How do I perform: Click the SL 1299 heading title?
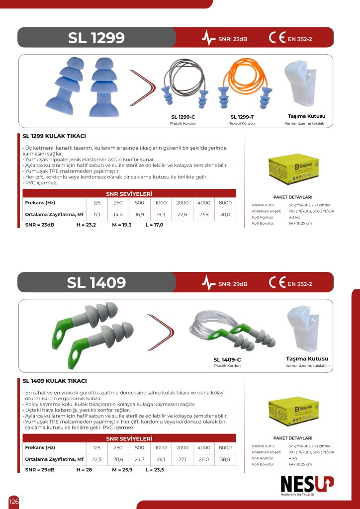pyautogui.click(x=96, y=38)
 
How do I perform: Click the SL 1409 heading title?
pyautogui.click(x=96, y=283)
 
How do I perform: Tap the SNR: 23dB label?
pyautogui.click(x=233, y=39)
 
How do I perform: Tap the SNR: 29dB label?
pyautogui.click(x=233, y=284)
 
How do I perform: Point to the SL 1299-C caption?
pyautogui.click(x=183, y=117)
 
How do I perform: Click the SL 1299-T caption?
pyautogui.click(x=242, y=117)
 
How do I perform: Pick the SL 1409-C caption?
pyautogui.click(x=227, y=359)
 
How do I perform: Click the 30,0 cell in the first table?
pyautogui.click(x=225, y=215)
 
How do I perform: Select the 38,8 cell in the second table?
pyautogui.click(x=225, y=460)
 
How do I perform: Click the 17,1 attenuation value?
pyautogui.click(x=97, y=215)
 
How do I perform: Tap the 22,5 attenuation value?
pyautogui.click(x=97, y=460)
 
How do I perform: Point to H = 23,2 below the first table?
pyautogui.click(x=86, y=225)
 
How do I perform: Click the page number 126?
pyautogui.click(x=14, y=502)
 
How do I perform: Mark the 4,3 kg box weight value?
pyautogui.click(x=294, y=217)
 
